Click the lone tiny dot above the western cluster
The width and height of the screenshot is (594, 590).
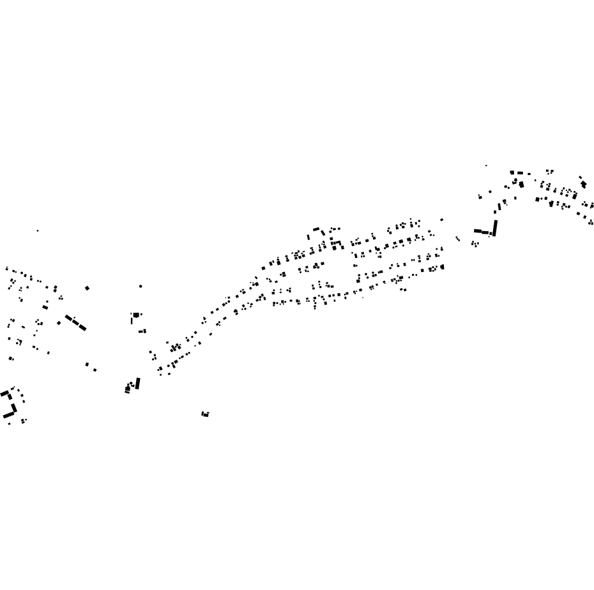pos(38,231)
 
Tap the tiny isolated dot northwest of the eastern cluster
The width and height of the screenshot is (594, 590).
pos(486,165)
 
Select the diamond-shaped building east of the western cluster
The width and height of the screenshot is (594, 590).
pos(88,288)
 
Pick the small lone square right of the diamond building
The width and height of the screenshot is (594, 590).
pos(141,286)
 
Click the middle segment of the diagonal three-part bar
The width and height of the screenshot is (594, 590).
pos(76,323)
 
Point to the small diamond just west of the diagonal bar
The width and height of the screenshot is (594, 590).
pos(59,323)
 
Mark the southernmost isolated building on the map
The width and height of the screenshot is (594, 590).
pos(205,414)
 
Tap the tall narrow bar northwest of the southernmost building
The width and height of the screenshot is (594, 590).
pos(138,383)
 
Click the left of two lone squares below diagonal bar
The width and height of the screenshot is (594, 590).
pos(87,365)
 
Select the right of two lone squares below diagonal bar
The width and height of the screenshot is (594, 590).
pos(95,370)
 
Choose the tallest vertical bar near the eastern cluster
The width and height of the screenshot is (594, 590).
pos(495,228)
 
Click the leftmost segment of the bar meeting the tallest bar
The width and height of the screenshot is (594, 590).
pos(477,231)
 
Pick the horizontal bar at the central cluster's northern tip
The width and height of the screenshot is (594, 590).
pos(316,229)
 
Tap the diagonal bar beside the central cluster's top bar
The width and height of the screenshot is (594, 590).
pos(323,232)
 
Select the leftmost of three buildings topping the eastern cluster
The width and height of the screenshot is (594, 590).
pos(512,172)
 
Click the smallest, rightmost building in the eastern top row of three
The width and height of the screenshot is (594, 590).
pos(529,173)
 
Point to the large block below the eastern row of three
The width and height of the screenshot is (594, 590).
pos(522,185)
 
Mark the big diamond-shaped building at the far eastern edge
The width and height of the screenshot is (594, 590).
pos(583,185)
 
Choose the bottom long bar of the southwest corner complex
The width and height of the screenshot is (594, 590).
pos(9,415)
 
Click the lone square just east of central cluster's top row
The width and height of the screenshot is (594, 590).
pos(441,220)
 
